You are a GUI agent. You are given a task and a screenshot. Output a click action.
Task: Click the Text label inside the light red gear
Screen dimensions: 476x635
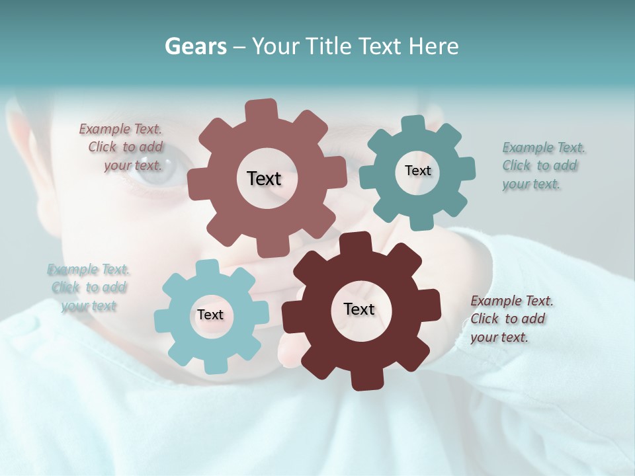click(264, 178)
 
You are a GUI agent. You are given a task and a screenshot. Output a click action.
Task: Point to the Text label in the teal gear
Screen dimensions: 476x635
click(417, 171)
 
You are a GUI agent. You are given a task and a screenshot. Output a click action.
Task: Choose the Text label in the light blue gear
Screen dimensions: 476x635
click(210, 315)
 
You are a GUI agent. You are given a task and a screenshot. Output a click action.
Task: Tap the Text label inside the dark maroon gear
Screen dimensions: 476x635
click(359, 309)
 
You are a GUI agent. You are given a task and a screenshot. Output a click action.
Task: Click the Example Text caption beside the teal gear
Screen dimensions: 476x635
click(541, 165)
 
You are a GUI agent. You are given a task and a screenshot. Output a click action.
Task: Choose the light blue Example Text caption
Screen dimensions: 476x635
click(89, 288)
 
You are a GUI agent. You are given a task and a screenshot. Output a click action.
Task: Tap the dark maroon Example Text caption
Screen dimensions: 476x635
click(511, 319)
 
